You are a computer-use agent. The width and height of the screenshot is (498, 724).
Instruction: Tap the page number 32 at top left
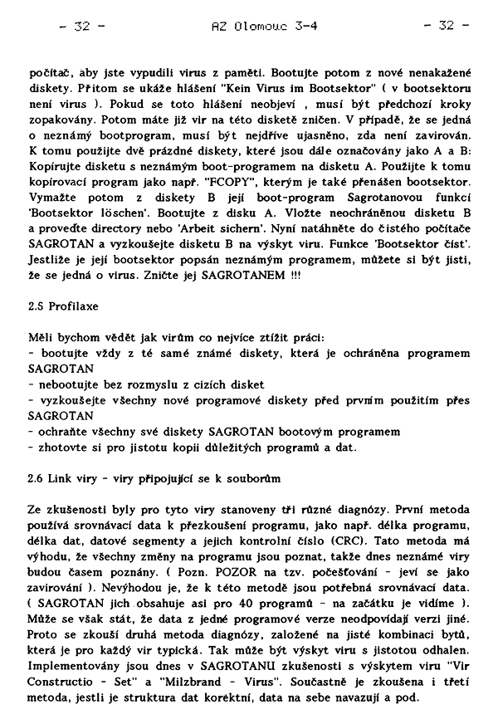[x=81, y=26]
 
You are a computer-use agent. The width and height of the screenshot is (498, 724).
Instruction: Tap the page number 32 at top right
[x=447, y=26]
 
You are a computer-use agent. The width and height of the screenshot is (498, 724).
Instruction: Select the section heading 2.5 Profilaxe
[x=63, y=306]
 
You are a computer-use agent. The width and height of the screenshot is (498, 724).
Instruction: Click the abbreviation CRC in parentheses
[x=372, y=539]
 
